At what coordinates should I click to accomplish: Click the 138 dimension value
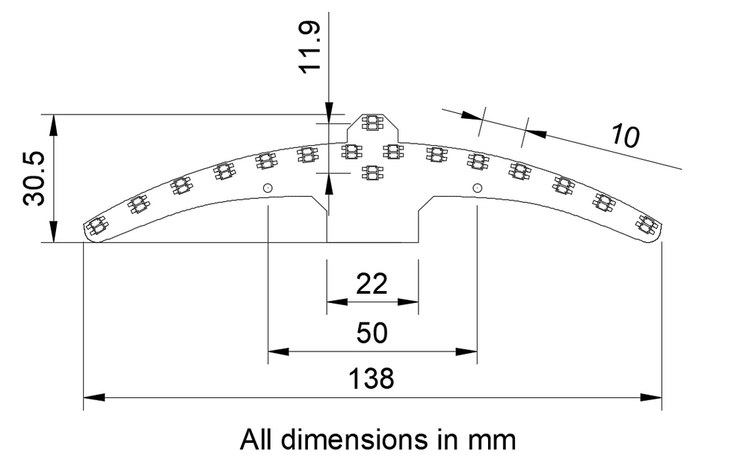pyautogui.click(x=371, y=379)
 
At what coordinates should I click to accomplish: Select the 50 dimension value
pyautogui.click(x=371, y=333)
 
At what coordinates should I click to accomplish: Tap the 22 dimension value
pyautogui.click(x=371, y=284)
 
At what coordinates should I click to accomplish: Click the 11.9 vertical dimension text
pyautogui.click(x=309, y=46)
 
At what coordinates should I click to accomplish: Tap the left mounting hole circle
pyautogui.click(x=268, y=187)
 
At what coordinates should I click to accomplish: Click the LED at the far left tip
pyautogui.click(x=95, y=225)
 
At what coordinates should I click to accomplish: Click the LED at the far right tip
pyautogui.click(x=646, y=224)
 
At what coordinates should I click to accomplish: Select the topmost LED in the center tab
pyautogui.click(x=371, y=123)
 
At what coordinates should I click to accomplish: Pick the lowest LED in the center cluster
pyautogui.click(x=371, y=174)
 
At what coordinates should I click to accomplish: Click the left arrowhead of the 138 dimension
pyautogui.click(x=92, y=397)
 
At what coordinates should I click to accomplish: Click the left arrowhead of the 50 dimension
pyautogui.click(x=277, y=351)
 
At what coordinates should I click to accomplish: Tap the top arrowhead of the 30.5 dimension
pyautogui.click(x=52, y=124)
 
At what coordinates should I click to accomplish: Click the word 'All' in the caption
pyautogui.click(x=253, y=439)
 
